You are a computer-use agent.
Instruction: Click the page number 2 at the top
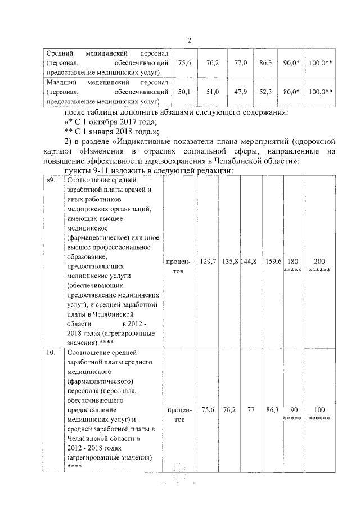coord(190,40)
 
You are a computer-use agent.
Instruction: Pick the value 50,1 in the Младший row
coord(184,92)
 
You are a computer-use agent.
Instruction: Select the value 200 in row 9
coord(319,262)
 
